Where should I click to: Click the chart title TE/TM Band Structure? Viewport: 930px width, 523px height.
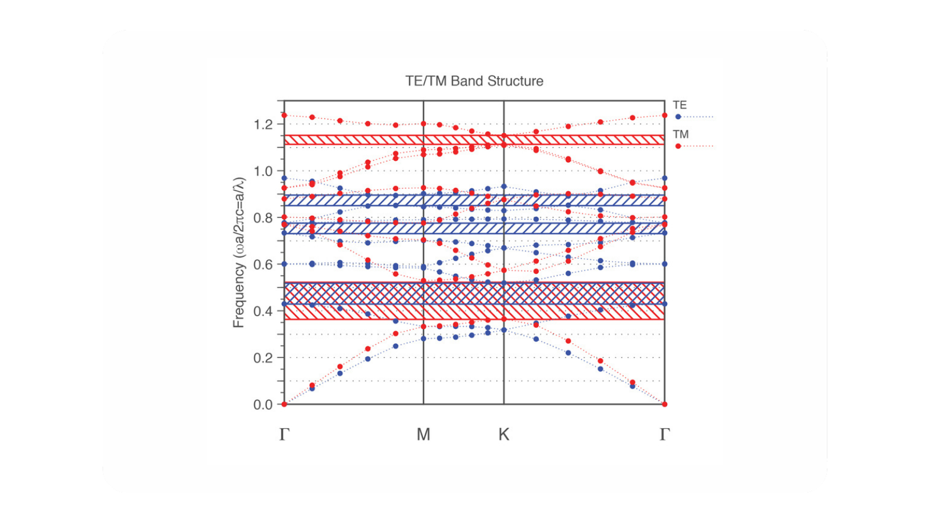click(474, 81)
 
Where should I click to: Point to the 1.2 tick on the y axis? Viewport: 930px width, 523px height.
click(263, 124)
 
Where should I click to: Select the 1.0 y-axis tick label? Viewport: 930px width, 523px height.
click(263, 171)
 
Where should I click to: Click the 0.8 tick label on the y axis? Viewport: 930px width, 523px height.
click(263, 218)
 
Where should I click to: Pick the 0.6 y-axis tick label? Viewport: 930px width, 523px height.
click(263, 264)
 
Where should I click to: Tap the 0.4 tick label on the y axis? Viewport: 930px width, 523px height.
click(263, 311)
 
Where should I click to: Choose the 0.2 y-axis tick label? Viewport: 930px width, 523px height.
click(263, 358)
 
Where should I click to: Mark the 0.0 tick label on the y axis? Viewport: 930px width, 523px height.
click(263, 404)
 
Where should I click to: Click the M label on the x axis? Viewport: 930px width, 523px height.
click(424, 435)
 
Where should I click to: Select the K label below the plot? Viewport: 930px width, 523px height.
click(503, 435)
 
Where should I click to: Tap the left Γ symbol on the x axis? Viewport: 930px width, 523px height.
click(284, 435)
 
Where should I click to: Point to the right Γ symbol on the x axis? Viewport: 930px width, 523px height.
click(665, 435)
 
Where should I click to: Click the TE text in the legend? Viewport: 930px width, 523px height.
click(679, 105)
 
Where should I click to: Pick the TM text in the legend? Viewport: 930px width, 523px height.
click(681, 134)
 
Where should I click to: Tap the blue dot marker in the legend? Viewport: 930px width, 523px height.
click(678, 117)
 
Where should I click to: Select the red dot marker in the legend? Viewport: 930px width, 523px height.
click(678, 146)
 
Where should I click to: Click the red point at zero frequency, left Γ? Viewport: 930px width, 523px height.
click(284, 404)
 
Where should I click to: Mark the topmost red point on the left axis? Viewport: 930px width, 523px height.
click(284, 116)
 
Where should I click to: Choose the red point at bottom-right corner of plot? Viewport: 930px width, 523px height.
click(665, 404)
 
